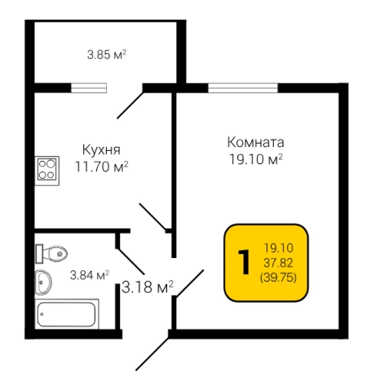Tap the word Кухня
(102, 150)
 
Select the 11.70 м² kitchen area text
(102, 167)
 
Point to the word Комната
(255, 140)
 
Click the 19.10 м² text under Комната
(255, 158)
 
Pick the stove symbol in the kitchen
(47, 170)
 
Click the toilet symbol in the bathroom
(54, 253)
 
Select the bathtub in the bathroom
(68, 313)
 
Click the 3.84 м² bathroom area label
(90, 274)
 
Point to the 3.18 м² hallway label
(148, 287)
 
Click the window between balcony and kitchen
(89, 86)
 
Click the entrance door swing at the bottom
(152, 352)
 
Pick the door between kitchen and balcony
(130, 101)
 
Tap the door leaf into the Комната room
(188, 282)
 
